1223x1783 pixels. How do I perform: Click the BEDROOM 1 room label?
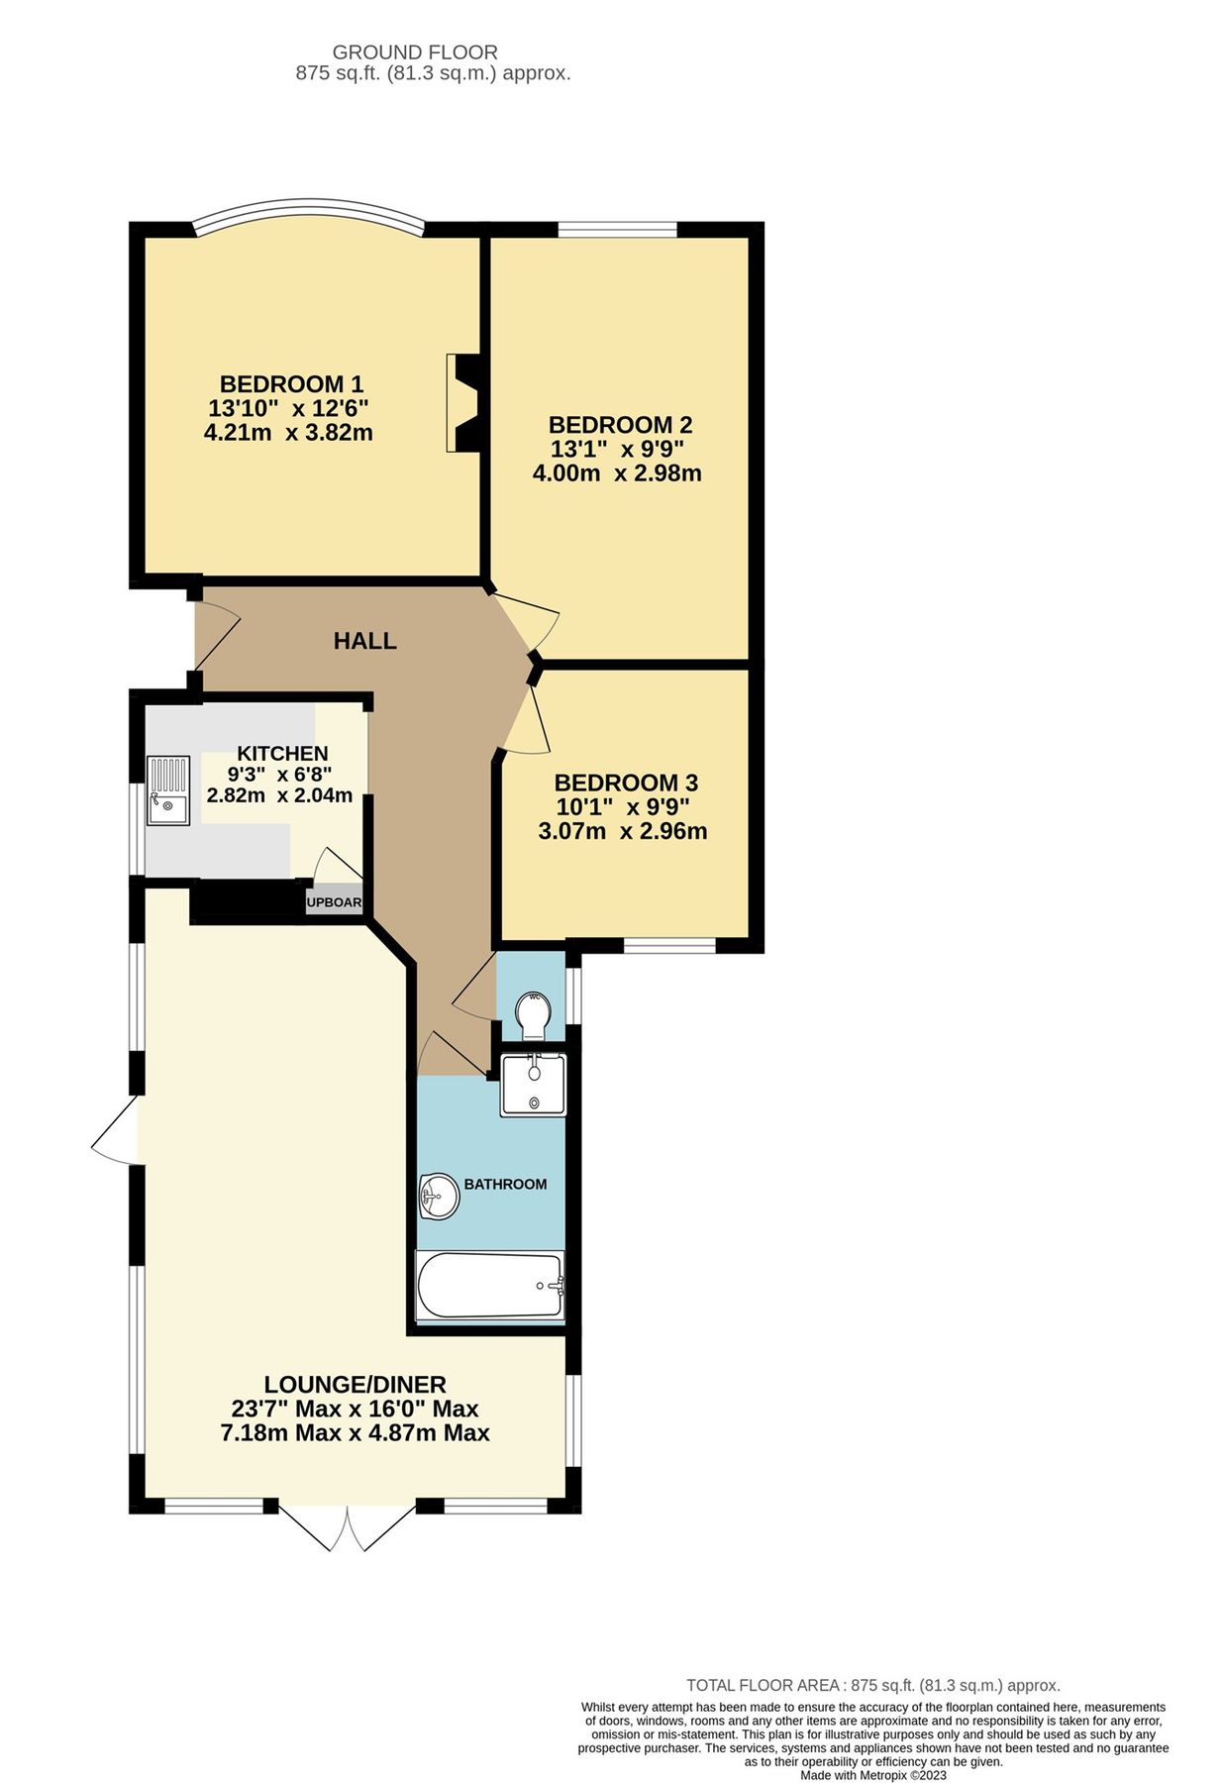click(x=291, y=383)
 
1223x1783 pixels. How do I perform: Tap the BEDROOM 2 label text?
click(x=620, y=425)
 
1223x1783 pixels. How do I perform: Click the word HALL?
click(x=364, y=641)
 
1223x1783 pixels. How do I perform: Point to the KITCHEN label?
click(x=282, y=754)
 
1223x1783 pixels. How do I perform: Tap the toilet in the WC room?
click(x=535, y=1014)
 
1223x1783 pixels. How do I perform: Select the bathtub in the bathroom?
click(x=489, y=1286)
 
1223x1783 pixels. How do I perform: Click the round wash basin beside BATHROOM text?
click(x=439, y=1196)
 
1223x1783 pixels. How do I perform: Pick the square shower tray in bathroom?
click(x=533, y=1085)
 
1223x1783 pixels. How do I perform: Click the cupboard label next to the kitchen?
click(x=334, y=902)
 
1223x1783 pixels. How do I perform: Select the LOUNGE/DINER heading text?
click(x=355, y=1384)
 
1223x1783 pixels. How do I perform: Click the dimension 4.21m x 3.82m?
click(x=288, y=432)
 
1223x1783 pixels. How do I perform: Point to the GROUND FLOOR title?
click(x=415, y=52)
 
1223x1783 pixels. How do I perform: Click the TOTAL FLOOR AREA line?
click(x=872, y=1685)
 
